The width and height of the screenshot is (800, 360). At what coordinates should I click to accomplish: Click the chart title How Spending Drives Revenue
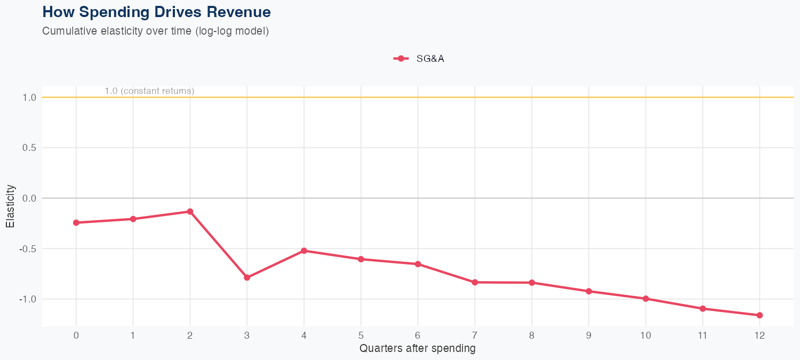pos(156,12)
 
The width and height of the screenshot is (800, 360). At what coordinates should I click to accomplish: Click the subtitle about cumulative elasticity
pos(155,31)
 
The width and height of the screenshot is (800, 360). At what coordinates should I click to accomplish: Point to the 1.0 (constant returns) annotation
pos(149,91)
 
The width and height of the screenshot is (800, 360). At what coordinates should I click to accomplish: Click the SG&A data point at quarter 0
pos(76,222)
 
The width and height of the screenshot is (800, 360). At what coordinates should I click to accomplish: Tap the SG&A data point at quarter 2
pos(190,212)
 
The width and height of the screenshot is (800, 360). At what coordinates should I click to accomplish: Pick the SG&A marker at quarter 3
pos(247,277)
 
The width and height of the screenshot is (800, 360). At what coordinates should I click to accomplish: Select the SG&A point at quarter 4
pos(304,251)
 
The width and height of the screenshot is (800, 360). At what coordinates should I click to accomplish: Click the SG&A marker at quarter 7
pos(475,282)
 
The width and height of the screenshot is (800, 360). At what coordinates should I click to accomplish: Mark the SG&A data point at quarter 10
pos(646,299)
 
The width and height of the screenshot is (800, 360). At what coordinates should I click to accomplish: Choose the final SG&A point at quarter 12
pos(759,315)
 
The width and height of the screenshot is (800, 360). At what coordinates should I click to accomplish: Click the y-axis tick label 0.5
pos(29,148)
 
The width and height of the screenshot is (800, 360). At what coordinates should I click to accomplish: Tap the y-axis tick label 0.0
pos(29,198)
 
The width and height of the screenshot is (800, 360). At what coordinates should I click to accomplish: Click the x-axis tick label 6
pos(418,335)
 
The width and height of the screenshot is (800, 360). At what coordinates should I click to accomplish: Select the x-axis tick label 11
pos(702,335)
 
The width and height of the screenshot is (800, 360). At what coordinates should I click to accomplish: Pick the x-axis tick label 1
pos(133,335)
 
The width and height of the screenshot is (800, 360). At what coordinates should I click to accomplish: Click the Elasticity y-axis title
pos(11,206)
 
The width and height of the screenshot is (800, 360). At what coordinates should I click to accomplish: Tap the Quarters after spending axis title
pos(418,349)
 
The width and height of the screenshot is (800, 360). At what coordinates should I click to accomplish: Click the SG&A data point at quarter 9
pos(589,291)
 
